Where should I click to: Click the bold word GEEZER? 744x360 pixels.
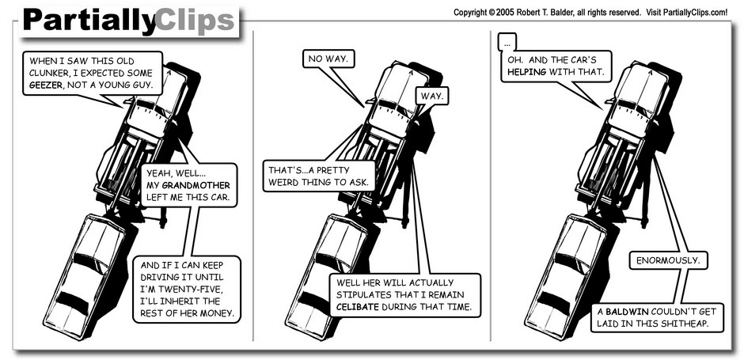(x=46, y=85)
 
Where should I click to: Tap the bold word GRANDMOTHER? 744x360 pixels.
(x=196, y=185)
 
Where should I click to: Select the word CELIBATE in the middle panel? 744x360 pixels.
(x=358, y=307)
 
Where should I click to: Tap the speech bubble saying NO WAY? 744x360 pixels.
(x=328, y=59)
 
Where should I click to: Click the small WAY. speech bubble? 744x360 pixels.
(x=432, y=97)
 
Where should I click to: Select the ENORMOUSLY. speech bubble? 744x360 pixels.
(x=668, y=260)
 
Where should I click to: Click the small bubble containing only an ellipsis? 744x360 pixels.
(x=507, y=44)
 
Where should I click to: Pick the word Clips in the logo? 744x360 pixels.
(x=195, y=21)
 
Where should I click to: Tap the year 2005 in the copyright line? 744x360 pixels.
(x=506, y=13)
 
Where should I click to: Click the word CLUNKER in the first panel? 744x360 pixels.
(x=47, y=73)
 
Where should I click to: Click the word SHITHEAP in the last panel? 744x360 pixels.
(x=685, y=324)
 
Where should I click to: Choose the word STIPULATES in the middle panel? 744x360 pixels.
(x=359, y=294)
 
